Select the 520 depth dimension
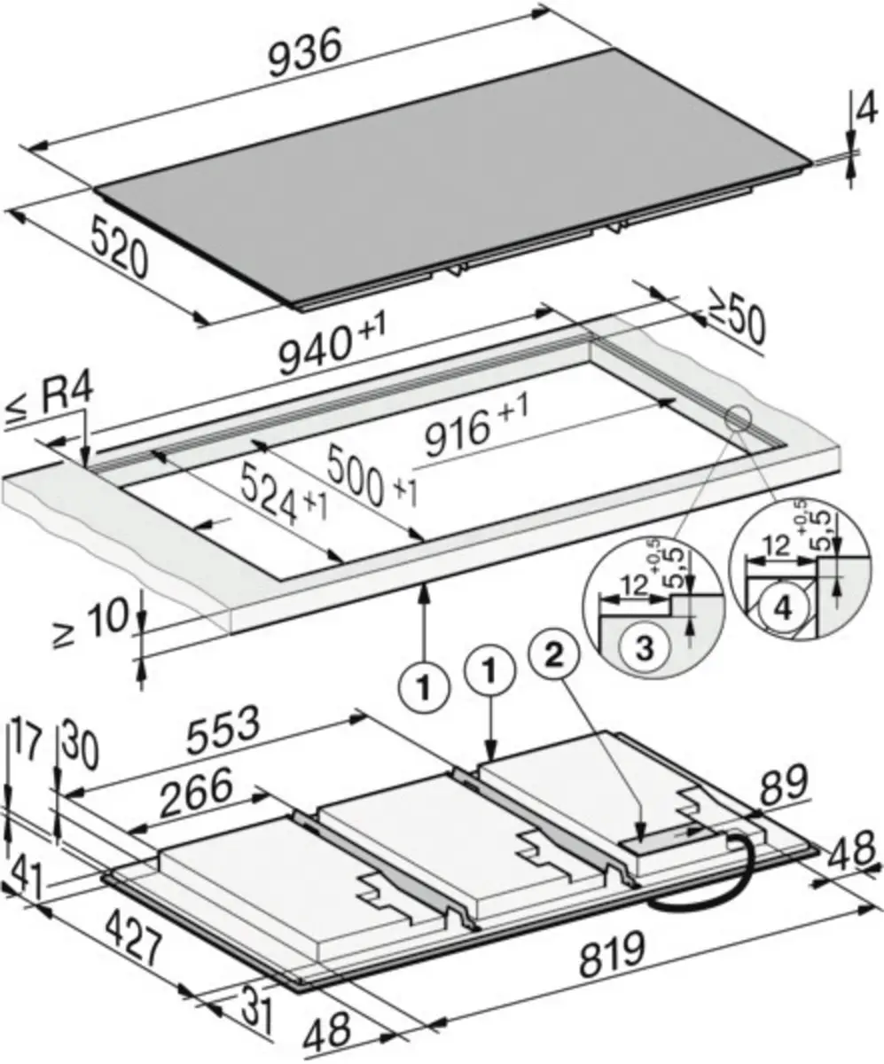(x=118, y=246)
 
